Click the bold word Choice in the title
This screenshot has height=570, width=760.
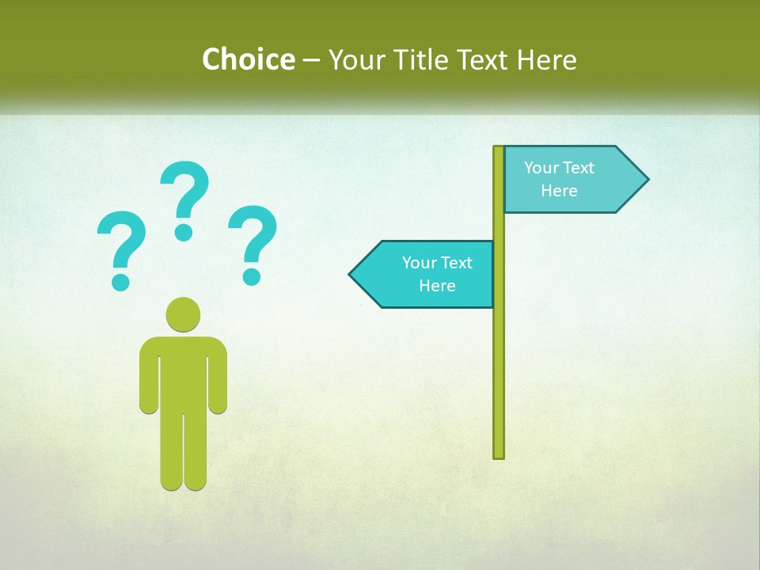248,59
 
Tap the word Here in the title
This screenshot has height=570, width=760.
546,59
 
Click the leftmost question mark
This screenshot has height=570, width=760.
121,241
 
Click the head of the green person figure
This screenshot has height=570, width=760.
183,314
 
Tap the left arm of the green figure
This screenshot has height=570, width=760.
149,380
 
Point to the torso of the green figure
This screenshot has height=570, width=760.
183,372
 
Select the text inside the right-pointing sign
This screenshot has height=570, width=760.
559,179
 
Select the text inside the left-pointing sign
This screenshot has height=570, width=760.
437,274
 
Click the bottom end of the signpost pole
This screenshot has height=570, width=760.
499,454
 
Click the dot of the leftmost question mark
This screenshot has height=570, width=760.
120,281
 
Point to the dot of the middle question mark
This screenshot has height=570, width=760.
184,232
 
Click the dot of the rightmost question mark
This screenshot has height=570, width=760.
252,276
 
